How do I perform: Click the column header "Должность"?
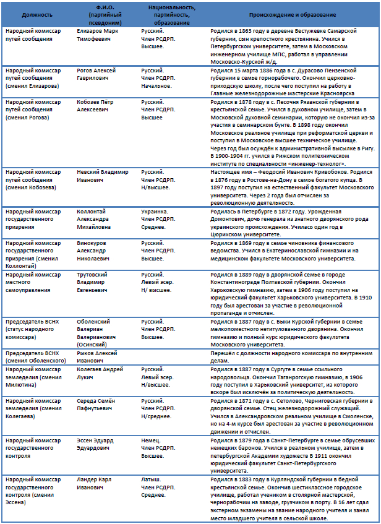point(33,14)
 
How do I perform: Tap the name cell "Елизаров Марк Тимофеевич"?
point(100,34)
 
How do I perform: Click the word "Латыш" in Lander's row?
point(150,479)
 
